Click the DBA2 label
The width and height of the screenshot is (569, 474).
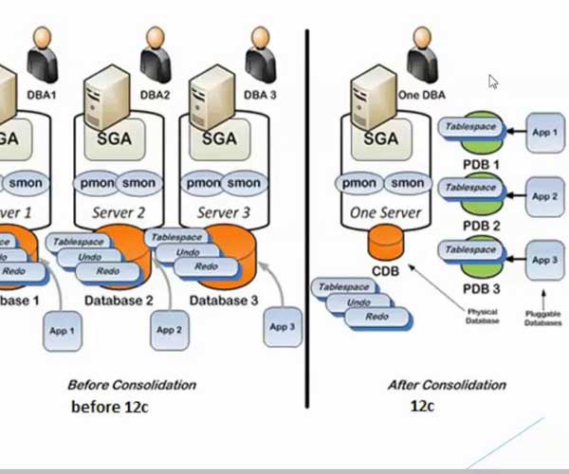(155, 95)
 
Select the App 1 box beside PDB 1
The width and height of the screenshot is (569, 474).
(544, 133)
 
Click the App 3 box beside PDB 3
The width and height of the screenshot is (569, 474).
(544, 259)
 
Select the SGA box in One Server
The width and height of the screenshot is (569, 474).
(381, 138)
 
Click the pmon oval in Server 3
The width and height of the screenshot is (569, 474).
(204, 183)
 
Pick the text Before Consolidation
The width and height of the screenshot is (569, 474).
(132, 385)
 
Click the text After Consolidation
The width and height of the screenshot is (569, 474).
(447, 385)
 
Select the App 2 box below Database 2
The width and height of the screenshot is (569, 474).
(167, 330)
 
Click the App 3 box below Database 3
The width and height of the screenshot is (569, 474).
(281, 327)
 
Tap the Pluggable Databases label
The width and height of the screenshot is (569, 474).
(543, 318)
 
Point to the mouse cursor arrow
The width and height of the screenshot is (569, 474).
(493, 82)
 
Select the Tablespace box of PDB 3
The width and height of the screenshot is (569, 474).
(471, 250)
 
